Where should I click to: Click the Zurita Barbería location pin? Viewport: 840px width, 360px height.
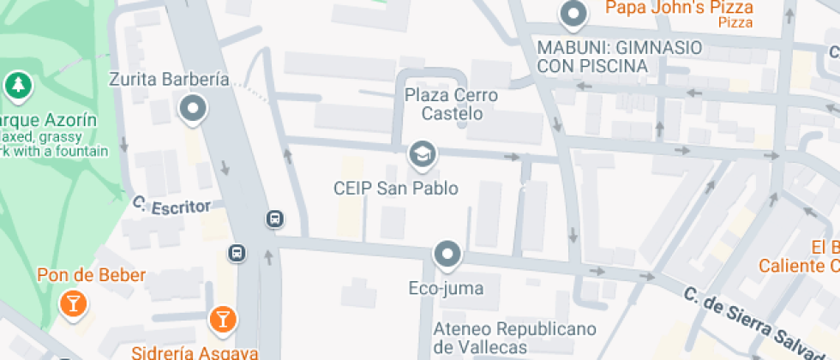[x=193, y=109]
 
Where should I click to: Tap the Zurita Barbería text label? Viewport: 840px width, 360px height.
[x=170, y=80]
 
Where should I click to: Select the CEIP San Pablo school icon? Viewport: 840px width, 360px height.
[x=422, y=154]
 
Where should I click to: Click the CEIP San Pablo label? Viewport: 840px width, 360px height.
[x=396, y=189]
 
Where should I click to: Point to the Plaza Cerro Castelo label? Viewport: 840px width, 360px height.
[x=451, y=104]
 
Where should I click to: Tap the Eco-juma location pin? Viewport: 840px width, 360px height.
[x=447, y=254]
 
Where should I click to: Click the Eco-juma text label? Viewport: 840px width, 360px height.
[x=446, y=288]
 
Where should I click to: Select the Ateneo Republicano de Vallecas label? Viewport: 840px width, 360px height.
[x=502, y=338]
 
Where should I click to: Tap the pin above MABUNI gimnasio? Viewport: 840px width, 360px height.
[x=572, y=14]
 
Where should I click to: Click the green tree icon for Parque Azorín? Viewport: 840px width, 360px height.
[x=16, y=85]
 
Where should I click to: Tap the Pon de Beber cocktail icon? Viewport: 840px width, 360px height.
[x=73, y=303]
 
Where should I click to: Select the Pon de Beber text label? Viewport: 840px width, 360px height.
[x=91, y=276]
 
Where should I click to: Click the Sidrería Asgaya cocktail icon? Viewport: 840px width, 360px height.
[x=222, y=320]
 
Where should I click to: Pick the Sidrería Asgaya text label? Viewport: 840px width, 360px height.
[x=195, y=352]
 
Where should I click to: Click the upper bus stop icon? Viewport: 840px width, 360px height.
[x=275, y=219]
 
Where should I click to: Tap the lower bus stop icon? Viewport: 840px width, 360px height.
[x=237, y=253]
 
